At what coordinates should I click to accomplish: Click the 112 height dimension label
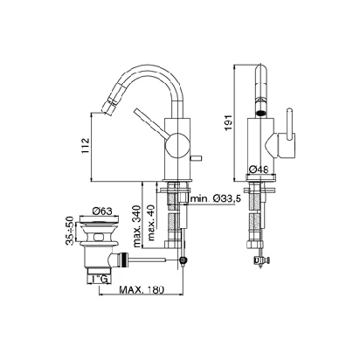pyautogui.click(x=85, y=146)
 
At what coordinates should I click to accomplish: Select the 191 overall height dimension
pyautogui.click(x=229, y=122)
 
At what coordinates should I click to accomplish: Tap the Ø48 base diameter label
pyautogui.click(x=259, y=169)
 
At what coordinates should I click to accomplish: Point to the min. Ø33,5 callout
pyautogui.click(x=216, y=199)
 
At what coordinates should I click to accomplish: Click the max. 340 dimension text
pyautogui.click(x=137, y=226)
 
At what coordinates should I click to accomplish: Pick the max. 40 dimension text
pyautogui.click(x=151, y=223)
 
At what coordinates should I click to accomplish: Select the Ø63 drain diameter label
pyautogui.click(x=101, y=211)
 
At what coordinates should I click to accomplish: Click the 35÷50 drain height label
pyautogui.click(x=70, y=231)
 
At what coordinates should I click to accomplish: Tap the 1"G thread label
pyautogui.click(x=99, y=279)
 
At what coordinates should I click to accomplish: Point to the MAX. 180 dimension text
pyautogui.click(x=142, y=289)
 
